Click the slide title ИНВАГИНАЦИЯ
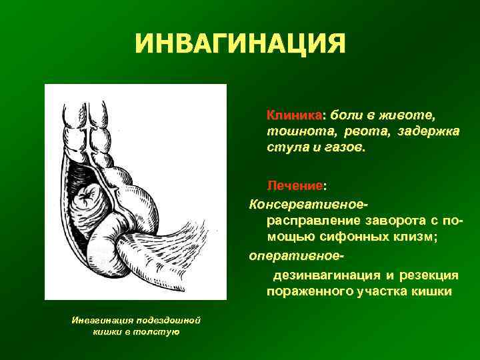(240, 45)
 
